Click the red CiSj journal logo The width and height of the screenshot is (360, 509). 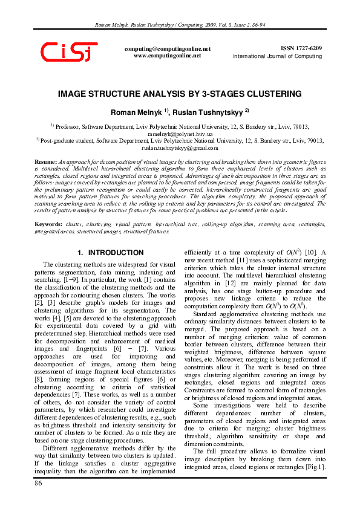(x=69, y=53)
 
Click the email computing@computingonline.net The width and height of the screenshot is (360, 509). (x=167, y=48)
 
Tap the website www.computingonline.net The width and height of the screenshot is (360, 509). (x=167, y=55)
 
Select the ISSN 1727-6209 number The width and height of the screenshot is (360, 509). (x=301, y=48)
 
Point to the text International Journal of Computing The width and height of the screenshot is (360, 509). (x=278, y=56)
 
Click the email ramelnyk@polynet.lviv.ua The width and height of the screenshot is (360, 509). (x=180, y=133)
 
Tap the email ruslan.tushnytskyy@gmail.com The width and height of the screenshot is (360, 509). (x=180, y=148)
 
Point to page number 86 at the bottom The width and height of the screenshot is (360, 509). (x=39, y=484)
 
